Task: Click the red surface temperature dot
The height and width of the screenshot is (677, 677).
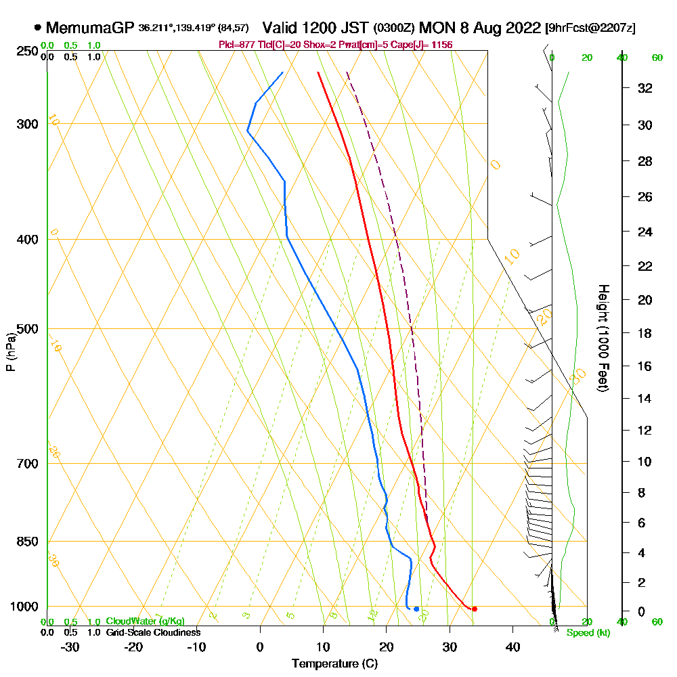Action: (474, 609)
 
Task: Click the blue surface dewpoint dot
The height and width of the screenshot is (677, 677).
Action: (416, 609)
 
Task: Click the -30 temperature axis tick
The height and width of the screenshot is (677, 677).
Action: (70, 647)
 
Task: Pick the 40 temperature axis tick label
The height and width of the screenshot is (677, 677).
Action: (513, 647)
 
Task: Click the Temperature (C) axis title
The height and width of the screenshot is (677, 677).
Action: (334, 664)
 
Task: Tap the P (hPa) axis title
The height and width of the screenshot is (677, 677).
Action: (10, 352)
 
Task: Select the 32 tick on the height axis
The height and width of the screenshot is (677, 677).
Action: (645, 88)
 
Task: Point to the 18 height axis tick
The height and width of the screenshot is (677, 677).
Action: (645, 333)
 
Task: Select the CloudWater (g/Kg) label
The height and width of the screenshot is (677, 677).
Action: (145, 621)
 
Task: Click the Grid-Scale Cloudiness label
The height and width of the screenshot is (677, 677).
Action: (153, 632)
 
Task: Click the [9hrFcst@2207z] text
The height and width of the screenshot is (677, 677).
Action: (590, 28)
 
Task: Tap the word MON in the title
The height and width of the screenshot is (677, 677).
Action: (434, 28)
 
